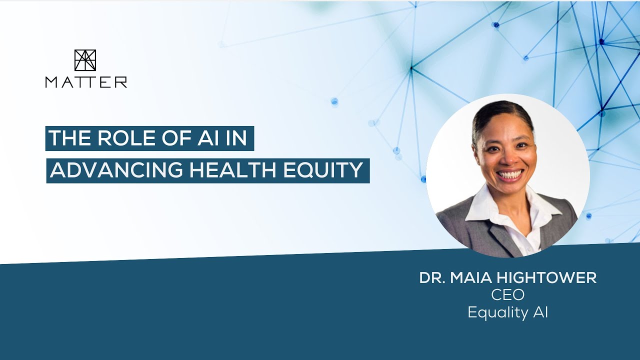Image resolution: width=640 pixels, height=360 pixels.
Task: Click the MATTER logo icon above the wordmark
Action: [85, 60]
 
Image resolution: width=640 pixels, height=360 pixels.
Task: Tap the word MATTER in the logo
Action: [86, 82]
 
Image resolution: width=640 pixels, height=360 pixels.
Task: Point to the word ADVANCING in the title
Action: [116, 170]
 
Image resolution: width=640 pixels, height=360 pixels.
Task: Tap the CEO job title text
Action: [507, 295]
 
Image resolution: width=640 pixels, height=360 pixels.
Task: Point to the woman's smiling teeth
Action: [510, 175]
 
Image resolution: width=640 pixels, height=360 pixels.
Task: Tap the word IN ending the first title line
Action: [236, 138]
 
